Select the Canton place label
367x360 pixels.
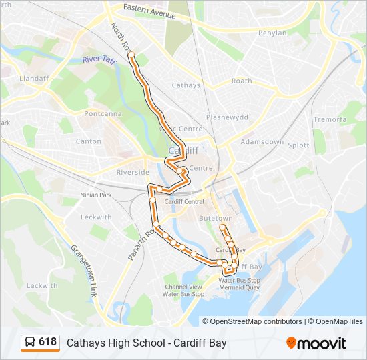(x=89, y=141)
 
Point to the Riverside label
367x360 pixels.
(x=133, y=172)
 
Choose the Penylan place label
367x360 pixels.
(x=272, y=33)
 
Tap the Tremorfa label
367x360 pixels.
(x=330, y=119)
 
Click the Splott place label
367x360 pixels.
(x=298, y=145)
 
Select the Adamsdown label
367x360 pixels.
(x=262, y=143)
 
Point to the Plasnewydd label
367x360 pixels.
(x=227, y=117)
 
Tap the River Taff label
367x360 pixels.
(x=100, y=60)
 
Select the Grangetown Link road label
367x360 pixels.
(x=85, y=271)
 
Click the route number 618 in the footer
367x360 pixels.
(x=47, y=342)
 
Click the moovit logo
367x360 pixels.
(x=316, y=343)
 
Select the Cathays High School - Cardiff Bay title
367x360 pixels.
(x=147, y=343)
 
